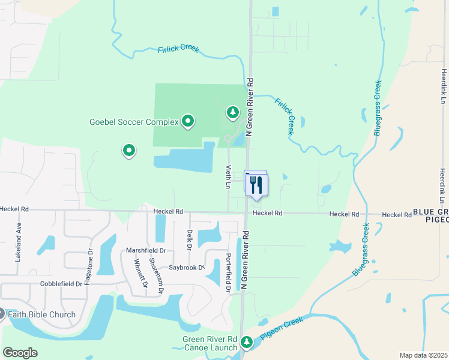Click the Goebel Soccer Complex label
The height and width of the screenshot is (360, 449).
tap(134, 122)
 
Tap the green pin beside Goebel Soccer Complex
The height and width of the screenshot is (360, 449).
tap(188, 122)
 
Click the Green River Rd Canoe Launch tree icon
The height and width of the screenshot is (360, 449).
tap(246, 342)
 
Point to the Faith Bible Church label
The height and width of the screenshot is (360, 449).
tap(41, 314)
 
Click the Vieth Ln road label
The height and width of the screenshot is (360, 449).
tap(228, 177)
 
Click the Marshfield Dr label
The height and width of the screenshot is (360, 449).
tap(145, 250)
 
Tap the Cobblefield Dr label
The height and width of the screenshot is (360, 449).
tap(61, 283)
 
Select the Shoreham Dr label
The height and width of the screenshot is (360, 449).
tap(156, 276)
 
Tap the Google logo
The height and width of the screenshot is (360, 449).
tap(20, 353)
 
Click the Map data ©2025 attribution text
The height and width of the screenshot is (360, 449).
tap(423, 355)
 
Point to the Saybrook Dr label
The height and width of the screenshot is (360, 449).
tap(186, 268)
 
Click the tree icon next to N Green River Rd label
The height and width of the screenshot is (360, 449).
tap(232, 112)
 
